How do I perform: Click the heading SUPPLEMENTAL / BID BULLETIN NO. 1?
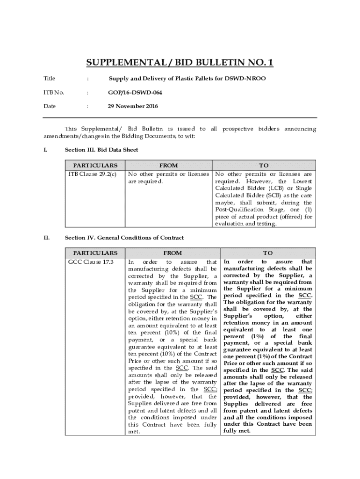pyautogui.click(x=180, y=63)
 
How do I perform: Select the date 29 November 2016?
pyautogui.click(x=133, y=106)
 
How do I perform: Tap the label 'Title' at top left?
pyautogui.click(x=49, y=79)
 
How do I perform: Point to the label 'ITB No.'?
pyautogui.click(x=54, y=93)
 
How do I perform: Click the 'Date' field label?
pyautogui.click(x=50, y=106)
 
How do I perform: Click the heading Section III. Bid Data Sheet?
pyautogui.click(x=101, y=150)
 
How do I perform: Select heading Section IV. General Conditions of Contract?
pyautogui.click(x=124, y=238)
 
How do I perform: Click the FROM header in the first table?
pyautogui.click(x=168, y=165)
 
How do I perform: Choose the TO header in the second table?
pyautogui.click(x=268, y=253)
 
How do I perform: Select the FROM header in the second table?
pyautogui.click(x=173, y=253)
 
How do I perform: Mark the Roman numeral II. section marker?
pyautogui.click(x=46, y=238)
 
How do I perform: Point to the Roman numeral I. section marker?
pyautogui.click(x=45, y=150)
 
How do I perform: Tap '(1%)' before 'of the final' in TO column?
pyautogui.click(x=260, y=336)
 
